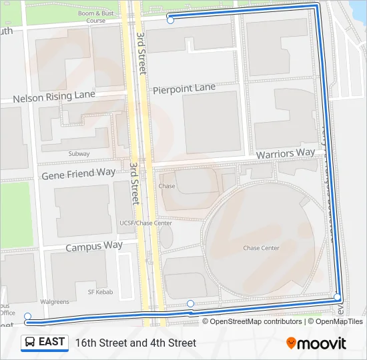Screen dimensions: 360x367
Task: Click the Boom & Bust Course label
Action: click(96, 17)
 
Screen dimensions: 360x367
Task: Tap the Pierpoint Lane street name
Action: click(184, 88)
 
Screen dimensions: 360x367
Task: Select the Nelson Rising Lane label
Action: click(54, 97)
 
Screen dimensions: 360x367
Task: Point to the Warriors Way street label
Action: click(286, 153)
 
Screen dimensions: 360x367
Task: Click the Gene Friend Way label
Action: click(78, 174)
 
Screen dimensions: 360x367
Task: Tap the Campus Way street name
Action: click(94, 246)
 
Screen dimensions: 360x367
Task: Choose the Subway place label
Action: click(79, 154)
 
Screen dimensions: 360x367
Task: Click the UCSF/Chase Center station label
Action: click(145, 223)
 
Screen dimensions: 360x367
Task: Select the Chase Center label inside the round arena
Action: click(261, 249)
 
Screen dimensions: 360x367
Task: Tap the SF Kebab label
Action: click(101, 293)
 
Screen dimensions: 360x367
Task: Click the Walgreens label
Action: click(55, 302)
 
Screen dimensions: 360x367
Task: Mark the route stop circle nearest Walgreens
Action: click(27, 316)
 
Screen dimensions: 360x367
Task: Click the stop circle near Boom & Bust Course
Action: click(170, 21)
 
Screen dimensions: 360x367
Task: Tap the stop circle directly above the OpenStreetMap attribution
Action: click(338, 297)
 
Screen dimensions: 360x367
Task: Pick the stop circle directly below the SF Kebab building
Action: click(191, 304)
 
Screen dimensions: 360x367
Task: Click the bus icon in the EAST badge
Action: click(31, 342)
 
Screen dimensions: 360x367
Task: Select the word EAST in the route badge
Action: click(52, 342)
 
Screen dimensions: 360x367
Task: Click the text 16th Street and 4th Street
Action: click(135, 343)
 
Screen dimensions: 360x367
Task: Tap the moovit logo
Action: click(316, 343)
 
